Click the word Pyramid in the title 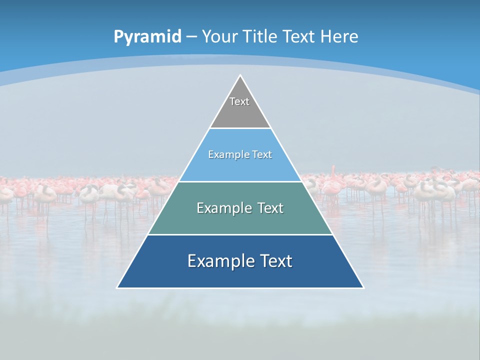[147, 37]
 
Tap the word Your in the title [219, 37]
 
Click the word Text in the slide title [299, 37]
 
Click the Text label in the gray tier [239, 101]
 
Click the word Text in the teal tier [270, 208]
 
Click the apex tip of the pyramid [240, 76]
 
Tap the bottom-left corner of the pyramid [118, 287]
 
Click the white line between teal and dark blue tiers [240, 234]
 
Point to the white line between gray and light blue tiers [240, 128]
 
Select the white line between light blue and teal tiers [240, 181]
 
